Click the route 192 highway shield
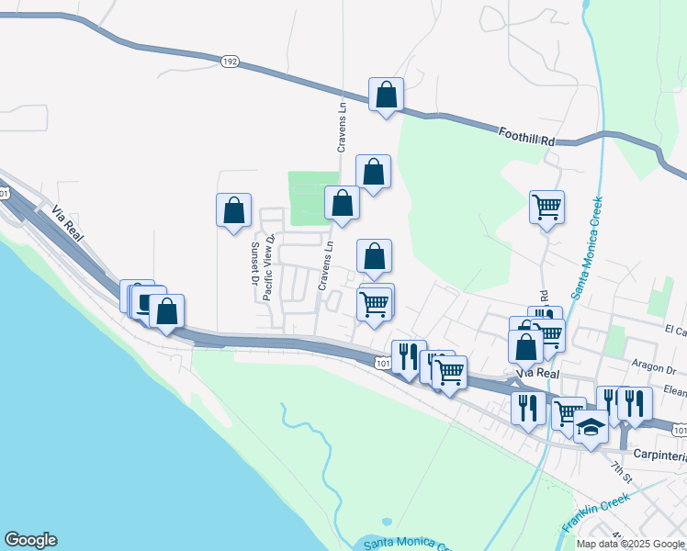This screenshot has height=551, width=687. [229, 62]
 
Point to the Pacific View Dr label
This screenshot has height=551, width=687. [269, 267]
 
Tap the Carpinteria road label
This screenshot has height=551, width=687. [659, 455]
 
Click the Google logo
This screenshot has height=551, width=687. [30, 540]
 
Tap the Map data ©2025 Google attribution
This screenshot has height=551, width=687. [630, 544]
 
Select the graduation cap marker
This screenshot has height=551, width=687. [590, 426]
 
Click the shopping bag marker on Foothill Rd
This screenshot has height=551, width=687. [387, 94]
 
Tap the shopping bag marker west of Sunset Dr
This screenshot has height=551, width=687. [234, 209]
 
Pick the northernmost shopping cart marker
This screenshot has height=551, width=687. [546, 207]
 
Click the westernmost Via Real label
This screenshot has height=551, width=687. [69, 223]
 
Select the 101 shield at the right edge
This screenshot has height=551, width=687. [679, 429]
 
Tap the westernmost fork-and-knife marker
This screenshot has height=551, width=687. [409, 356]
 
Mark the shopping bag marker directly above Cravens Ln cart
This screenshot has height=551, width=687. [374, 256]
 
